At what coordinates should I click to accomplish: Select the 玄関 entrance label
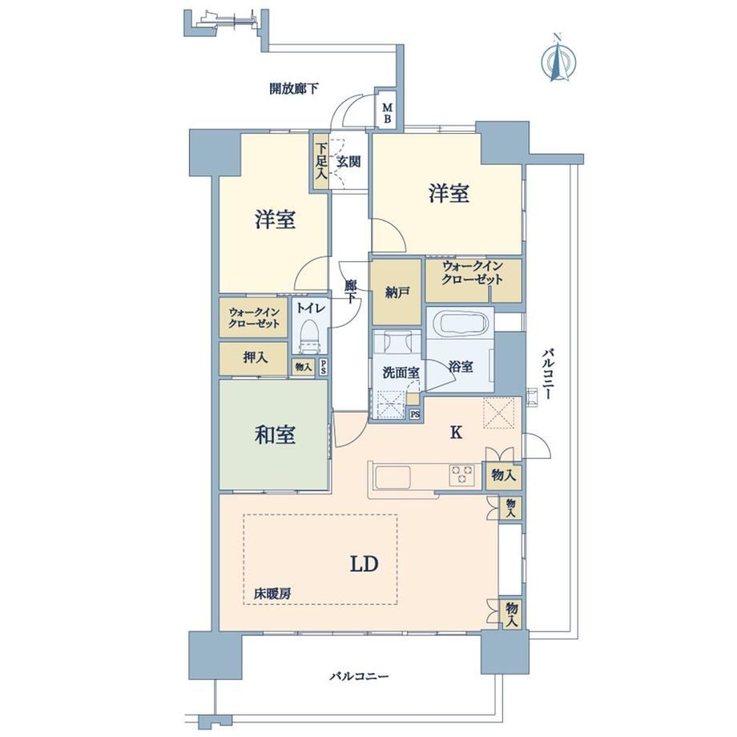[348, 162]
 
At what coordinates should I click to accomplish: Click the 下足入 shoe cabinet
[321, 162]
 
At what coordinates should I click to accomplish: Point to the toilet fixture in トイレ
[309, 336]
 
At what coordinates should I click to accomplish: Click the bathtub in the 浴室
[459, 324]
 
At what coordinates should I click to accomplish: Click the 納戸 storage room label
[397, 292]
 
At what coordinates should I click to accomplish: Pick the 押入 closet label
[256, 358]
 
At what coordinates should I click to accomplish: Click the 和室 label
[275, 435]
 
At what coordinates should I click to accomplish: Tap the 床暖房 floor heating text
[272, 594]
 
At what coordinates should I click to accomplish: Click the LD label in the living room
[364, 564]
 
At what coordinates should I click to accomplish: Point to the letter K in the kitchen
[456, 433]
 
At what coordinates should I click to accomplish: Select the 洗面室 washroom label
[401, 373]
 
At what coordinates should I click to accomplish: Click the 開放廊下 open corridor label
[294, 88]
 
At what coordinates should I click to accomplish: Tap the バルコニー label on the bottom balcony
[359, 676]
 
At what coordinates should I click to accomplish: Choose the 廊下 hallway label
[350, 292]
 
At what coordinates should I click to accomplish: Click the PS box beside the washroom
[415, 415]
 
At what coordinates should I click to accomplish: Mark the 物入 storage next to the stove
[503, 475]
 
